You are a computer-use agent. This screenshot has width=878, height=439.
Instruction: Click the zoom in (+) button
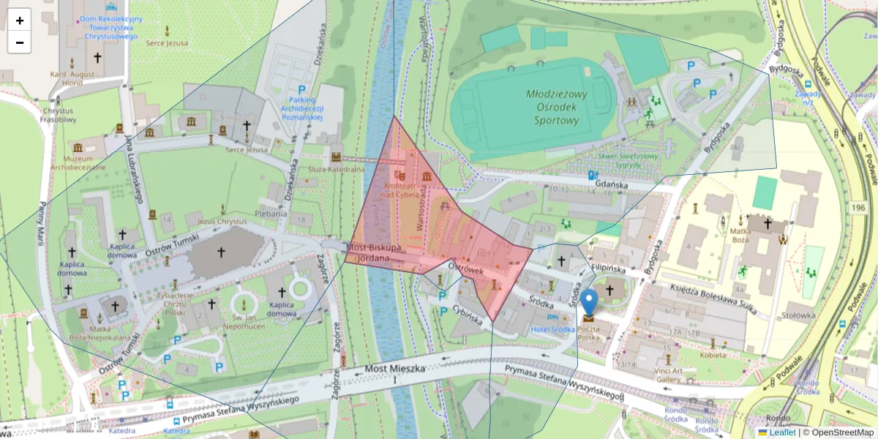[20, 20]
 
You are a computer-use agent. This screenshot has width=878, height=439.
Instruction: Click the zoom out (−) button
[20, 42]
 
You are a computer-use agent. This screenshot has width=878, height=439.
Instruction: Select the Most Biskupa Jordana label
[375, 252]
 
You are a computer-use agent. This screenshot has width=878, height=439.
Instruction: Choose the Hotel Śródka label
[553, 329]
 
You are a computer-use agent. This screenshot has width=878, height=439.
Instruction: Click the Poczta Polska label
[589, 334]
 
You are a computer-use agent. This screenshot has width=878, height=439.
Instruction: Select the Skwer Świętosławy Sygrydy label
[627, 160]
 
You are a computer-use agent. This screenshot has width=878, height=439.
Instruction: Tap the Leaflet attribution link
[782, 432]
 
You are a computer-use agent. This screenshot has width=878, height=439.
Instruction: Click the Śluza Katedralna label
[337, 169]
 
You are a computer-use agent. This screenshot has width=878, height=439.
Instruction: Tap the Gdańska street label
[607, 186]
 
